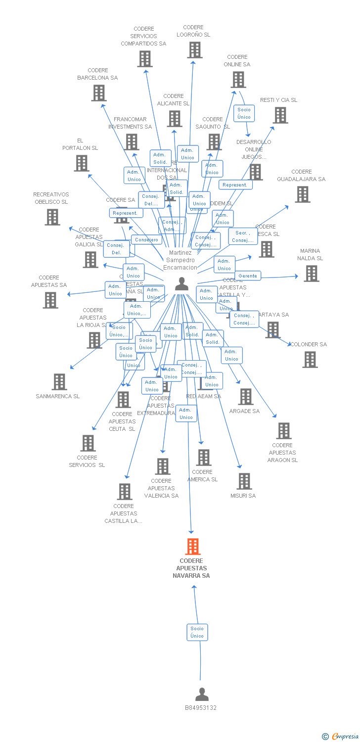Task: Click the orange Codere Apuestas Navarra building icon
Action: (x=193, y=547)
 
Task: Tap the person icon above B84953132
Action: (x=202, y=694)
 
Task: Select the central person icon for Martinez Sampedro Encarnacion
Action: (x=181, y=284)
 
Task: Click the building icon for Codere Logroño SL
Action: (x=195, y=50)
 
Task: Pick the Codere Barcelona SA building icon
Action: (x=99, y=93)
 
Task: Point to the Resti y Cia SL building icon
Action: (x=280, y=115)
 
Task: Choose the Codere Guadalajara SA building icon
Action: (x=303, y=194)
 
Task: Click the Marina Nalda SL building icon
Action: (x=311, y=273)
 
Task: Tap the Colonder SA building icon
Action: (x=310, y=360)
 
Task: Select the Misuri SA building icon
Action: (x=244, y=481)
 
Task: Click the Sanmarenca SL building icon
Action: (x=59, y=381)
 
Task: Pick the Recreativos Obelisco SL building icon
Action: (x=52, y=217)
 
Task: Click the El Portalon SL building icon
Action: (x=82, y=163)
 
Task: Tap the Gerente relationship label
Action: (x=248, y=276)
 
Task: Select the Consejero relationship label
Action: (x=147, y=239)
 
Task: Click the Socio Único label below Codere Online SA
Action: (x=244, y=113)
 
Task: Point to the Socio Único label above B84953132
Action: (x=197, y=632)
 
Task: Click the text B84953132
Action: (x=201, y=708)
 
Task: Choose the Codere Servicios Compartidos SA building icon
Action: (x=144, y=59)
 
